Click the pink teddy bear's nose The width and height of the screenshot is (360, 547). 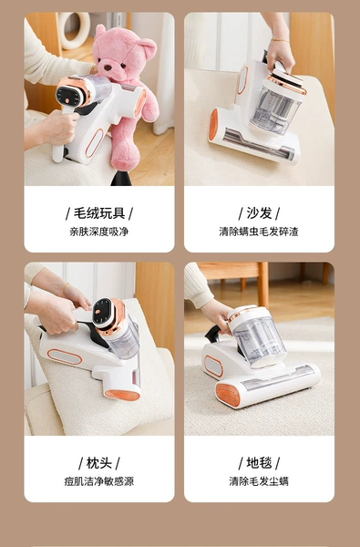point(108,67)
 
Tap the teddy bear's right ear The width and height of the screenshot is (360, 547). point(148,47)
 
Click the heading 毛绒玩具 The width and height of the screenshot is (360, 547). point(99,213)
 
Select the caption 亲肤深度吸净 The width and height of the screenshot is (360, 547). point(99,232)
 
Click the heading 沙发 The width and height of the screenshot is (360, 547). point(259,213)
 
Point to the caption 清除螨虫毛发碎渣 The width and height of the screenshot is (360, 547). point(259,232)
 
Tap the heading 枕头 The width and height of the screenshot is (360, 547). point(99,463)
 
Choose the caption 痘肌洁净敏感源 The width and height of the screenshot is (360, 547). point(99,481)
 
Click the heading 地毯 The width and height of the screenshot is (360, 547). point(259,463)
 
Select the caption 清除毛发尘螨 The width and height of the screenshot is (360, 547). point(259,481)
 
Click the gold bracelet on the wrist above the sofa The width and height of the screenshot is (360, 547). point(280,40)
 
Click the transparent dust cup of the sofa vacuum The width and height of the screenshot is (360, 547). point(274,109)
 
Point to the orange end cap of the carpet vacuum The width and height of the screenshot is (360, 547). point(228,395)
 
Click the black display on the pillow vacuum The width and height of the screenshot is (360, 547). point(103,312)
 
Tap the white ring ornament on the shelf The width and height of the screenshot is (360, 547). point(75,31)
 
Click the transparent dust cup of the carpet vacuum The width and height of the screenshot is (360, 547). point(259,341)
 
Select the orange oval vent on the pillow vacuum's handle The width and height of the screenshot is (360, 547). point(65,356)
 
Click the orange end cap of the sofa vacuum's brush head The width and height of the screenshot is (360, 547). point(213,125)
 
